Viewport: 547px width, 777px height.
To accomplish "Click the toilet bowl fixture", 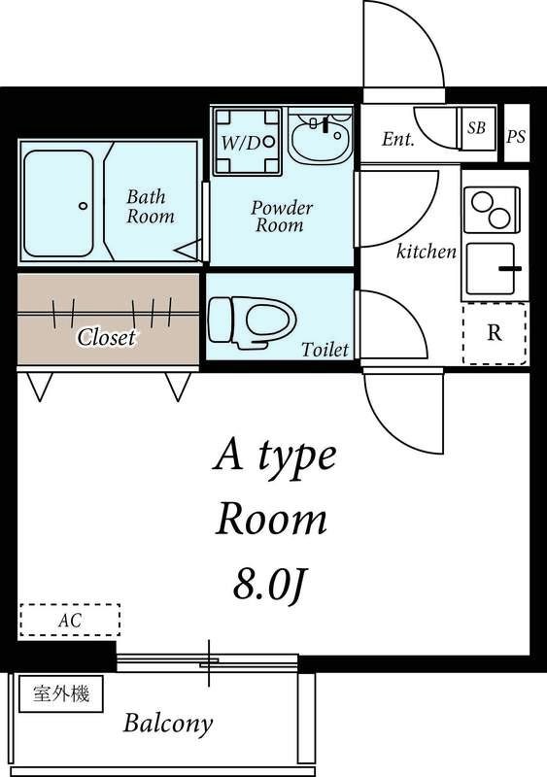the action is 252,322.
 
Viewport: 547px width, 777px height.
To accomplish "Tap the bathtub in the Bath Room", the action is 58,204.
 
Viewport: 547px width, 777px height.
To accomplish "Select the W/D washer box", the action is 247,141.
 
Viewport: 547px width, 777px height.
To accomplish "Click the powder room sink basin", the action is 321,137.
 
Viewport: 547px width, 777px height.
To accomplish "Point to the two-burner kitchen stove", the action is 492,210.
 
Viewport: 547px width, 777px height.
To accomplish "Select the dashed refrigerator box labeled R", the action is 495,333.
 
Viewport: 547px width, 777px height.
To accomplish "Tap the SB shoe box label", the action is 476,128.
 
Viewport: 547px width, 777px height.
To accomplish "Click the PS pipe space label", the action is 516,136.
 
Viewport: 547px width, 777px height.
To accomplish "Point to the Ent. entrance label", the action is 397,139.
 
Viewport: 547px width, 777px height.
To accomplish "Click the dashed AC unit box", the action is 69,620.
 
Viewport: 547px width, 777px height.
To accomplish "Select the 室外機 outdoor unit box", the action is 61,693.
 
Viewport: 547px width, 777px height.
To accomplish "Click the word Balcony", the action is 168,724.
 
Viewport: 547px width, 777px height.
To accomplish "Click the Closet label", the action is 106,337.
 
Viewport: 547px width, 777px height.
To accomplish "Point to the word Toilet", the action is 325,350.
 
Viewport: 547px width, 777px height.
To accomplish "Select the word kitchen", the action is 427,252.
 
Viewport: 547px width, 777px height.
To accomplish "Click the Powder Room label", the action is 282,217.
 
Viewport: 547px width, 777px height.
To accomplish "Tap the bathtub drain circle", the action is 84,205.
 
